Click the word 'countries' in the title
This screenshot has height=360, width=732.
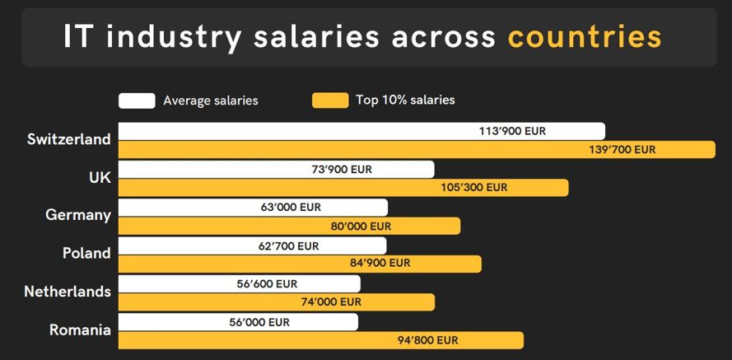click(584, 37)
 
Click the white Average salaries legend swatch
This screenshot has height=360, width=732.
click(137, 101)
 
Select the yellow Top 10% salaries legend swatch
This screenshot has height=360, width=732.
click(330, 101)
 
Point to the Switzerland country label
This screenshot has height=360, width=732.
click(68, 139)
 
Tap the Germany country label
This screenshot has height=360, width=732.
click(78, 215)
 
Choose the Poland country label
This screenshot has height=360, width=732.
click(86, 253)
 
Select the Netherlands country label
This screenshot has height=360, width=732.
click(68, 292)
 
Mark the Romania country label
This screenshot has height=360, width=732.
click(80, 330)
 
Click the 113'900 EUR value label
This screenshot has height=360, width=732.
click(512, 131)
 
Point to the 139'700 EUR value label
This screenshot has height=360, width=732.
click(622, 150)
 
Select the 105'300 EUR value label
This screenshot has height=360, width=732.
click(474, 188)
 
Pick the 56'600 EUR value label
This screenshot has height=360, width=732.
click(267, 283)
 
